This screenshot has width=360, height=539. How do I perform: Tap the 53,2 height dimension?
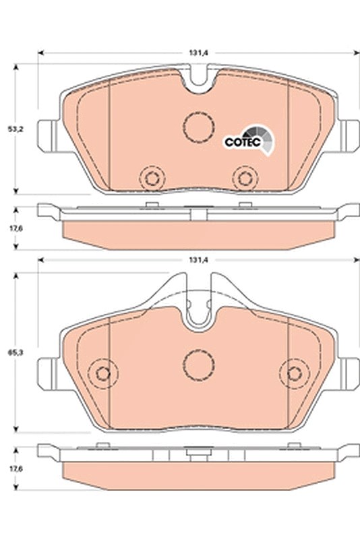pos(14,129)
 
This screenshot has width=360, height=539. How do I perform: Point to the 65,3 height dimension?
pos(14,353)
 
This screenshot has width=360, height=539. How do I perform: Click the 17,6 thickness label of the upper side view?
pos(14,228)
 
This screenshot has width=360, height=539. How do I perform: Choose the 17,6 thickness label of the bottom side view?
pos(14,468)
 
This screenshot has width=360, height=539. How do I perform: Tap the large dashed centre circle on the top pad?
pos(199,127)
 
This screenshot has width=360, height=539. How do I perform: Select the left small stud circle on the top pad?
pos(152,179)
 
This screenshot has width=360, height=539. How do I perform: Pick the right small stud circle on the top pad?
pos(245,179)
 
